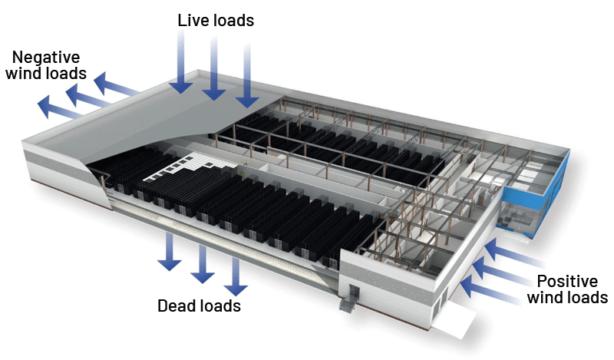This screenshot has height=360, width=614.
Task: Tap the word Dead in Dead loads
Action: tap(177, 306)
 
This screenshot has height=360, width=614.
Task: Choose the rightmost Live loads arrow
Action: tap(247, 81)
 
